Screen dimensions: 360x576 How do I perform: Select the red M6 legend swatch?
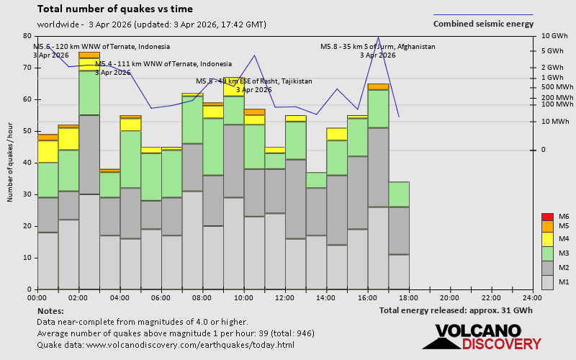546,217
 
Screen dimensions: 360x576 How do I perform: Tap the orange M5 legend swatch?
546,226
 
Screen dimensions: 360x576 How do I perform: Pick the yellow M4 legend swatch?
546,239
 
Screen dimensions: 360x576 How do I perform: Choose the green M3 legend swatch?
546,253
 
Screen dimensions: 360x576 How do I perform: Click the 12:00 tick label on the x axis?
285,297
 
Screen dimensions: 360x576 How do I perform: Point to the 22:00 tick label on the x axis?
491,297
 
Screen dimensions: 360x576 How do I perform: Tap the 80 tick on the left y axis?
27,36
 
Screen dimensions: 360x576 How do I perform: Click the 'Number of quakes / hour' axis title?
11,162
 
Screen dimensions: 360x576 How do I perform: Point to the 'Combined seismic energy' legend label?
483,24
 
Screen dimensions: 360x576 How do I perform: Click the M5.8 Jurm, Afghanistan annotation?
378,50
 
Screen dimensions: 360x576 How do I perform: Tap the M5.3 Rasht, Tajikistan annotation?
254,85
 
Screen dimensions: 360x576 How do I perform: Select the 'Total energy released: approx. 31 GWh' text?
456,310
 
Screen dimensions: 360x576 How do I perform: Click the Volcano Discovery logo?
487,337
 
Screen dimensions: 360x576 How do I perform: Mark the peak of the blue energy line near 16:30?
378,37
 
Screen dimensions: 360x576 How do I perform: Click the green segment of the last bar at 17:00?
399,194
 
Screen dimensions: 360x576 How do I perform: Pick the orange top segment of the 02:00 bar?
89,55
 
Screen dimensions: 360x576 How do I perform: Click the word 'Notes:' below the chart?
50,311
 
